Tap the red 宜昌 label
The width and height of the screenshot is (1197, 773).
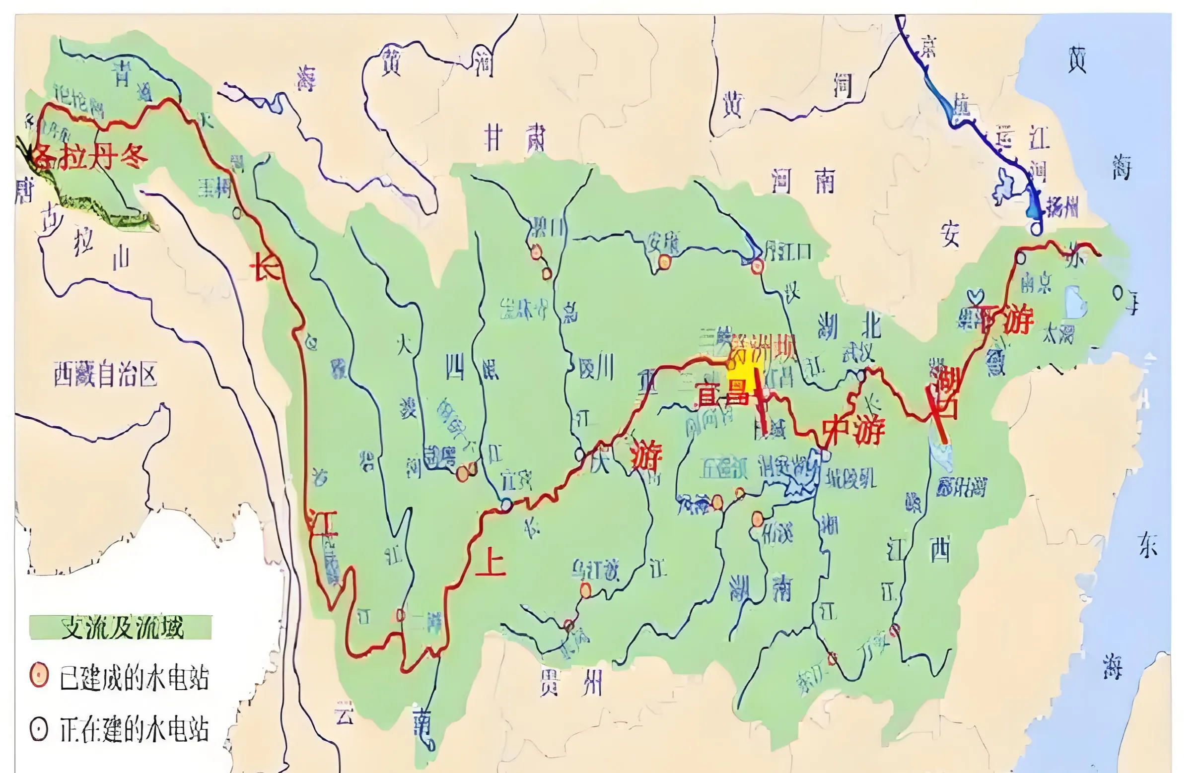722,395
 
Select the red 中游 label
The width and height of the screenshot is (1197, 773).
853,431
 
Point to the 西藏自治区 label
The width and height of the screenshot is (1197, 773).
105,375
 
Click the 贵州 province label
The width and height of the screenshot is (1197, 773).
570,683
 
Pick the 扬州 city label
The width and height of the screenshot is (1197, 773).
1061,206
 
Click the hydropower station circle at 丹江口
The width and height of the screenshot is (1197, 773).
757,266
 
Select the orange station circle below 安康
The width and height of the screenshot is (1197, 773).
665,261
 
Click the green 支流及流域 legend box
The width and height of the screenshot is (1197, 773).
121,628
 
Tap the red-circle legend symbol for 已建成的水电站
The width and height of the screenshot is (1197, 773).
39,675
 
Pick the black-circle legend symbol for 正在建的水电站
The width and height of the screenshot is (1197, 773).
39,729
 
